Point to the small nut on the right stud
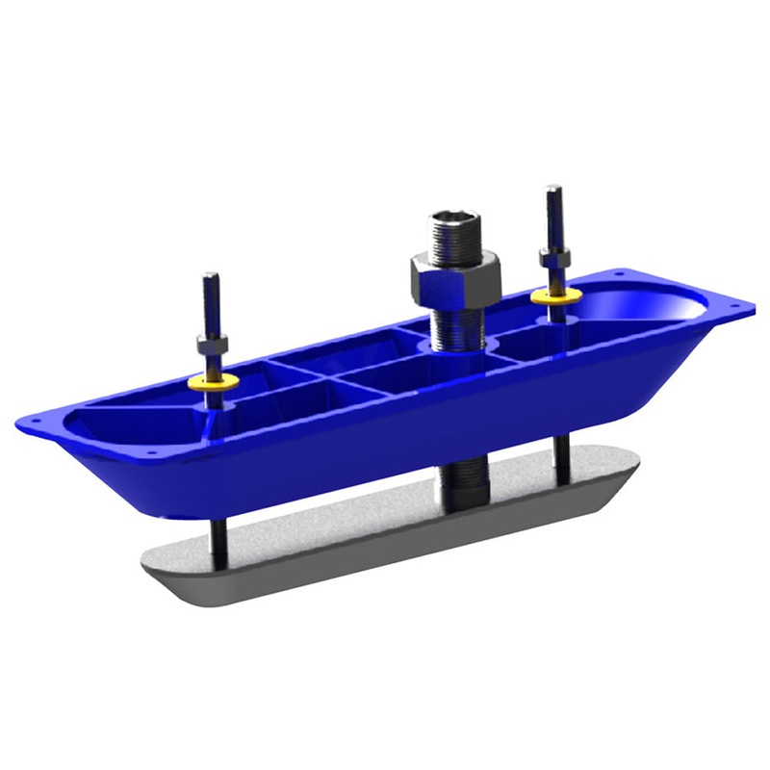[552, 258]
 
